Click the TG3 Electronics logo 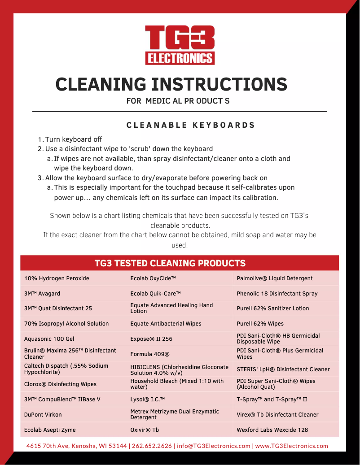tap(180, 45)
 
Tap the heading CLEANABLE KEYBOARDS tap(191, 125)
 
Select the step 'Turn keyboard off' tap(74, 139)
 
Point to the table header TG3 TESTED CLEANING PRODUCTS tap(170, 263)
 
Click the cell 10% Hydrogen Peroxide tap(57, 278)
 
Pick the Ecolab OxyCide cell tap(153, 278)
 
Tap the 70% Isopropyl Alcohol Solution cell tap(66, 324)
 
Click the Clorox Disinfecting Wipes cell tap(60, 384)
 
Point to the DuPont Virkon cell tap(43, 415)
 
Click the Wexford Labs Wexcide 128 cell tap(272, 430)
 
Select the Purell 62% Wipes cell tap(260, 324)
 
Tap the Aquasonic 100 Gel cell tap(49, 339)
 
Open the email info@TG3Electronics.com tap(214, 446)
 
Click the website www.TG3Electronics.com tap(291, 446)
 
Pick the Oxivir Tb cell tap(145, 430)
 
